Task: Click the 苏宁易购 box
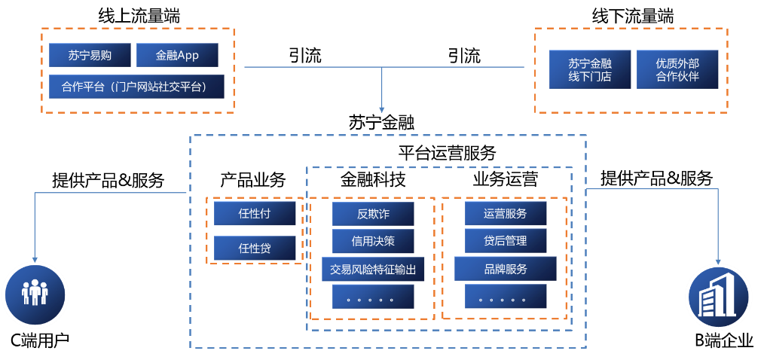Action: point(90,55)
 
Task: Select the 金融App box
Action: point(177,55)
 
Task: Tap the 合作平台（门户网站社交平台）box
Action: point(136,87)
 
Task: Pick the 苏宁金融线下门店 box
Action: point(590,69)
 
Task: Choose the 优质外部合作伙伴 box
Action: point(677,69)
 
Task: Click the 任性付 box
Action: point(255,213)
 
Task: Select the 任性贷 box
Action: point(255,248)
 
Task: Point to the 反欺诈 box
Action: point(373,214)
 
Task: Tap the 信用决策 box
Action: point(373,241)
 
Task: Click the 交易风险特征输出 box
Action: point(373,269)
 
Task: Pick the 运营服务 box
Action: point(506,214)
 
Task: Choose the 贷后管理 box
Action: point(506,241)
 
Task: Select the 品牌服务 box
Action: point(506,269)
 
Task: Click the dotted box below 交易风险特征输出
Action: point(373,297)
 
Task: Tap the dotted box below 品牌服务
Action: point(506,297)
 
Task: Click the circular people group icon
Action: point(35,294)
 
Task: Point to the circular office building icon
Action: point(718,296)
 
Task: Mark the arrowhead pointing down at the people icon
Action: point(35,259)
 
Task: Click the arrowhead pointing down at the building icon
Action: point(718,261)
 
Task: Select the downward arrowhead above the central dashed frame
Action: point(382,109)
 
